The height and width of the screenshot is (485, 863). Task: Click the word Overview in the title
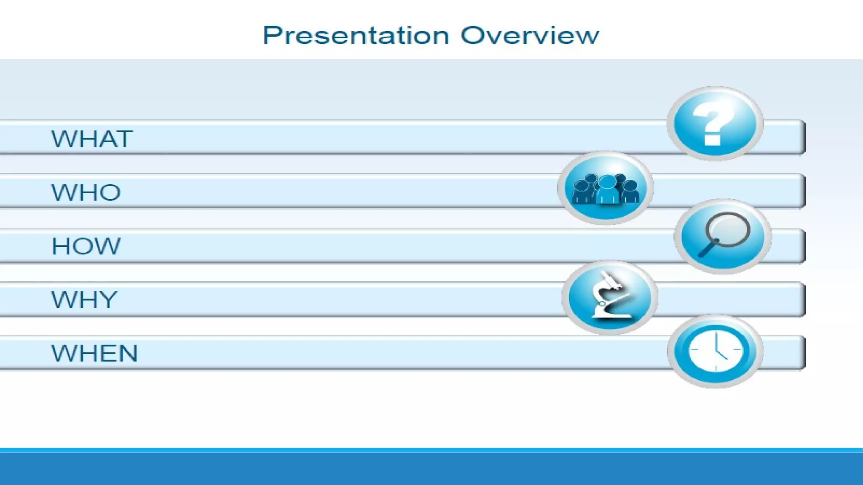click(x=530, y=36)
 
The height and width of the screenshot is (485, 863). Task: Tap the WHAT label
click(x=92, y=139)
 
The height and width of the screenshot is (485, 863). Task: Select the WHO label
click(x=86, y=192)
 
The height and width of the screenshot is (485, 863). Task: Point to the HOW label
click(x=86, y=246)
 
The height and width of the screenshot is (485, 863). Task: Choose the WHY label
click(x=84, y=300)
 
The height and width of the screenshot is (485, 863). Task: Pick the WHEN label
click(x=94, y=353)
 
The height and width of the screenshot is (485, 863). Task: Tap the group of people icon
click(x=606, y=188)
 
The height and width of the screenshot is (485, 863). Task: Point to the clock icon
click(x=716, y=351)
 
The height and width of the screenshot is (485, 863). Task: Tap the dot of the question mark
click(x=712, y=139)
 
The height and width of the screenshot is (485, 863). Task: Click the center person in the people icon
click(x=607, y=190)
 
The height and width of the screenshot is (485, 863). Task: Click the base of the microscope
click(x=611, y=314)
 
